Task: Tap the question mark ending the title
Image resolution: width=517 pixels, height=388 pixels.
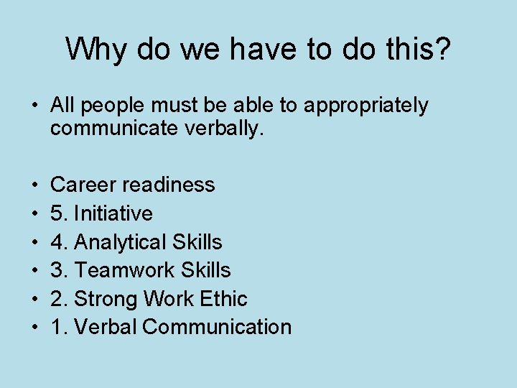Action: point(444,49)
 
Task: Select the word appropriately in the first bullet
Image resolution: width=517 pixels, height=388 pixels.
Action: point(366,106)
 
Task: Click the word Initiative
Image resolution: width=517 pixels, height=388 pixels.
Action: point(113,213)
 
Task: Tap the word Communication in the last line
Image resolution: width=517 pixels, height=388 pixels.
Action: point(217,327)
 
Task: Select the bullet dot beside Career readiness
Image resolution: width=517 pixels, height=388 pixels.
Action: point(34,185)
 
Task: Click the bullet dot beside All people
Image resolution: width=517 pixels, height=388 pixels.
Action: point(34,106)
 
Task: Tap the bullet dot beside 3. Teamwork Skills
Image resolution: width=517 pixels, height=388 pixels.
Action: point(34,270)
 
